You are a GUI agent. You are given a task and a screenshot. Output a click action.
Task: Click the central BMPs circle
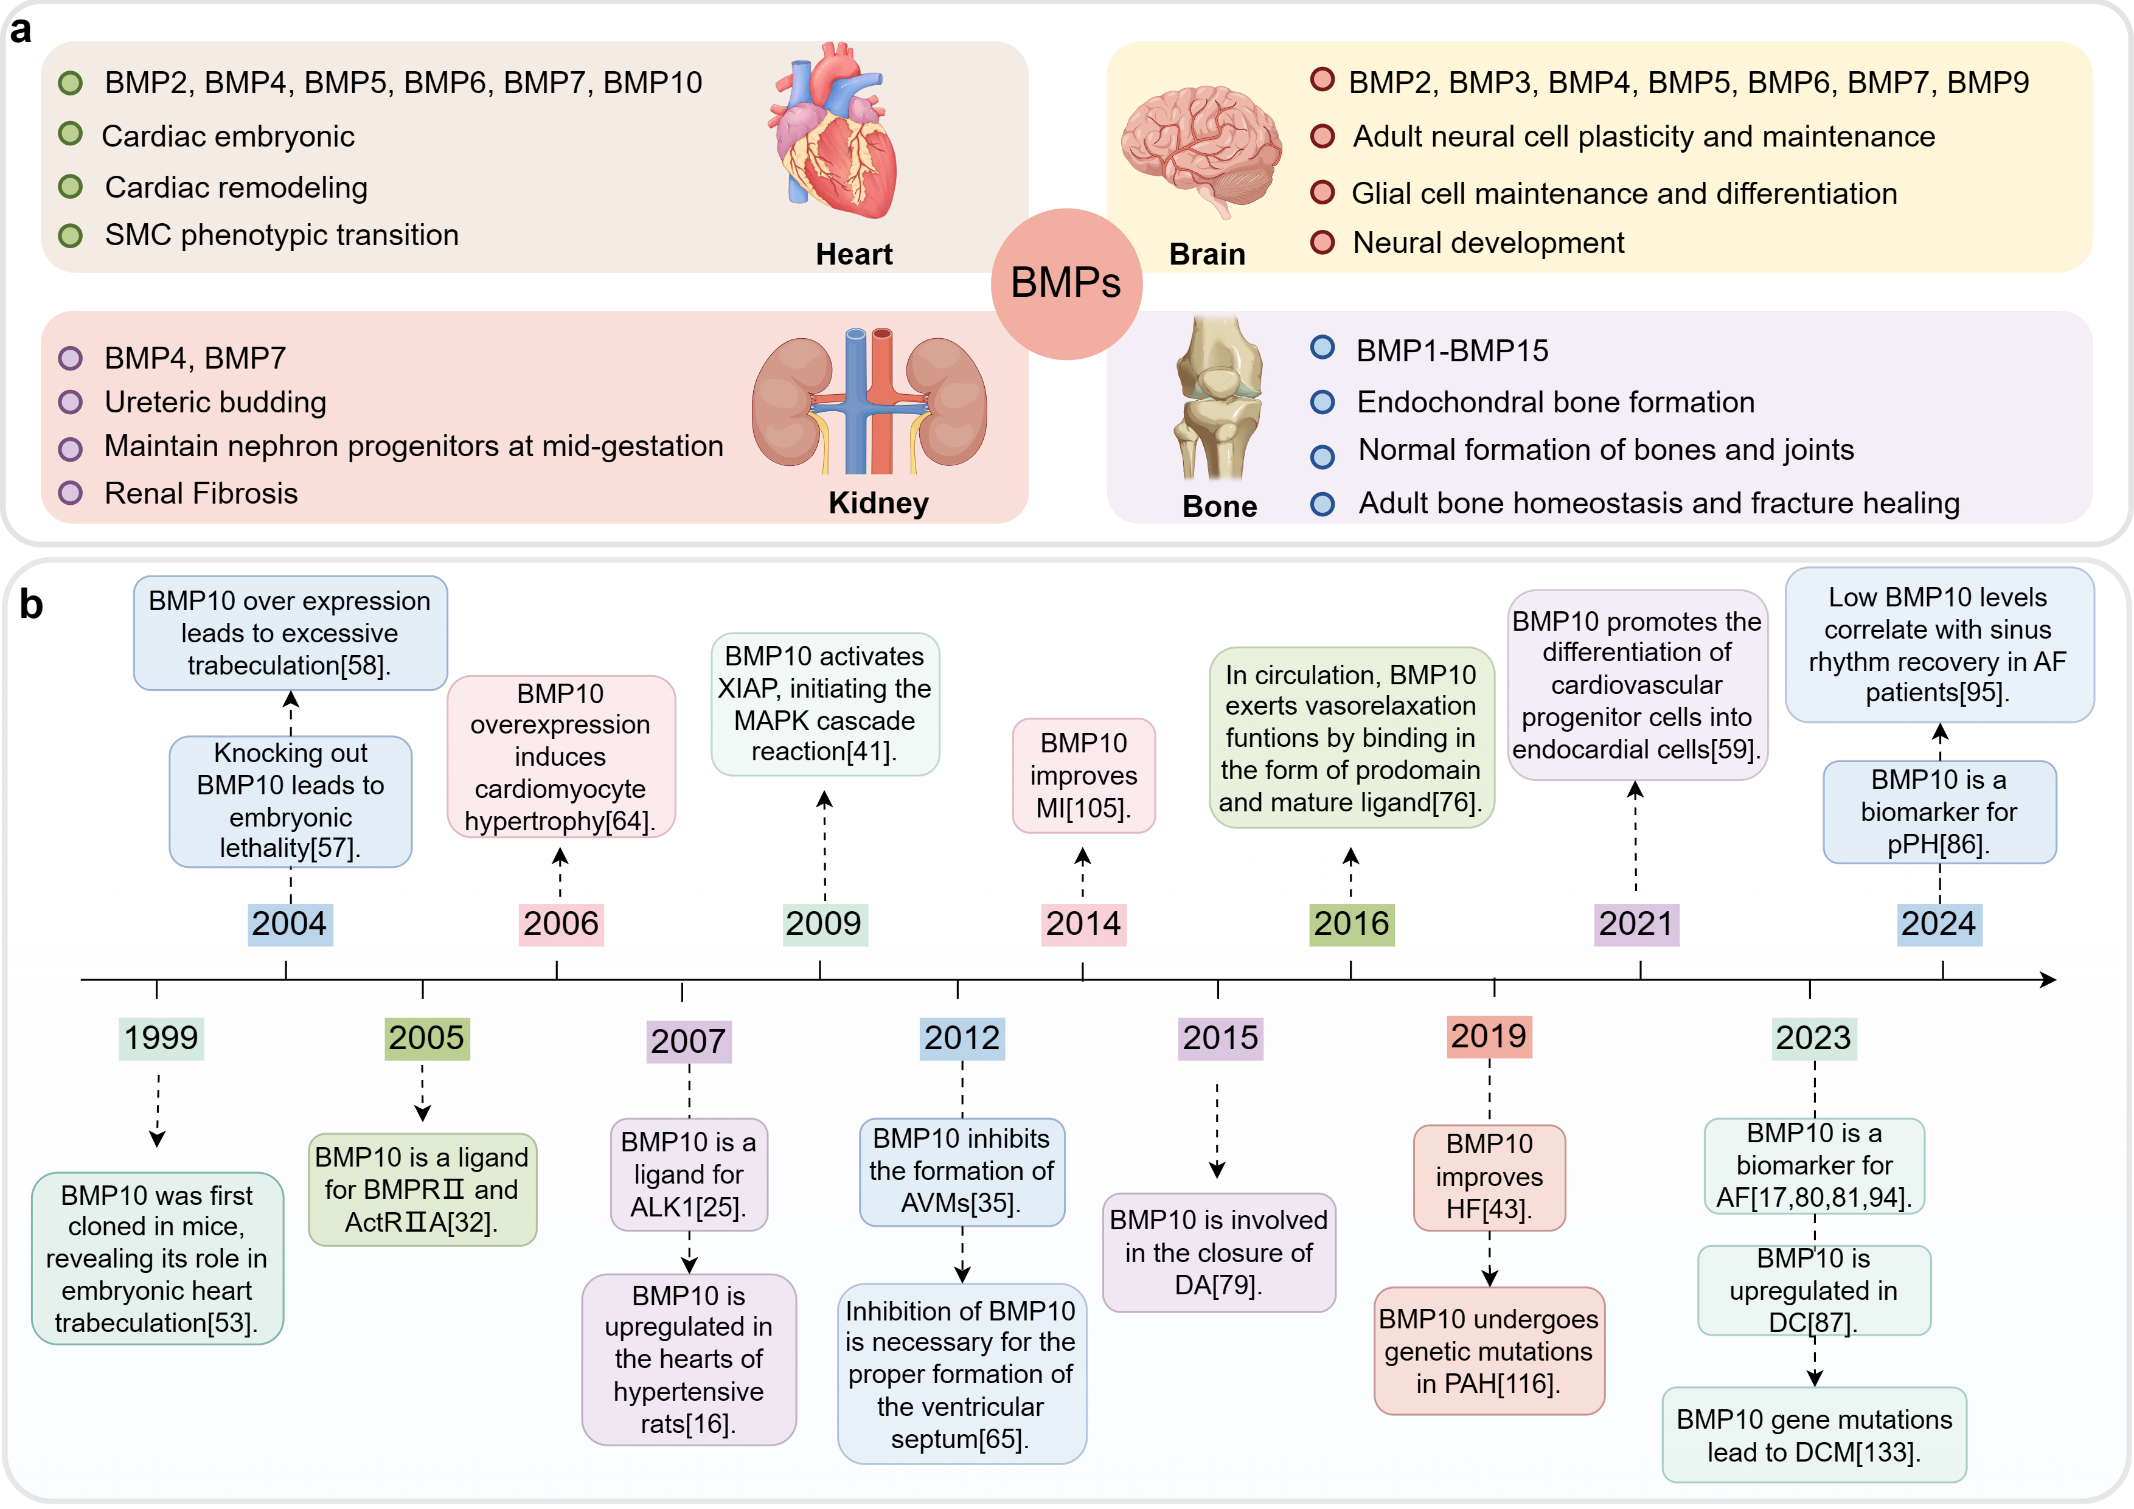(1066, 283)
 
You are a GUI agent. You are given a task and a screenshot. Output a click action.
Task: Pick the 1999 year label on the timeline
(161, 1038)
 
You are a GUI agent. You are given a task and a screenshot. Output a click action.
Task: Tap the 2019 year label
(1489, 1036)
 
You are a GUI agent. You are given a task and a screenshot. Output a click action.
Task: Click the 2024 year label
(1939, 924)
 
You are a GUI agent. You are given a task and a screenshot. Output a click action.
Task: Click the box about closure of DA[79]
(1218, 1252)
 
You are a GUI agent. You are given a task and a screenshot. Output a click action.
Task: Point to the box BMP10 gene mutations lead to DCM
(1813, 1435)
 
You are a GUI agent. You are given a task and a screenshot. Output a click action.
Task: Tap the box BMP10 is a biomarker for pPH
(1939, 811)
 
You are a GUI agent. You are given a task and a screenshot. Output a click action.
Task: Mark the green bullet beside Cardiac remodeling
(71, 187)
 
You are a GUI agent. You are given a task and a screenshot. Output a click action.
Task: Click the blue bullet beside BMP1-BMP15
(1322, 349)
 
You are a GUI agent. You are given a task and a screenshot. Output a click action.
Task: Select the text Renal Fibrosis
(201, 493)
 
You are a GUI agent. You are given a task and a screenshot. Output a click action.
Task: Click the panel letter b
(30, 605)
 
